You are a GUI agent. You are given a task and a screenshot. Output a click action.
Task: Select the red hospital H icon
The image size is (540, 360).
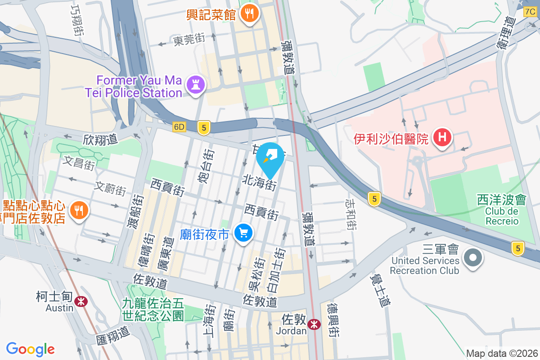442,137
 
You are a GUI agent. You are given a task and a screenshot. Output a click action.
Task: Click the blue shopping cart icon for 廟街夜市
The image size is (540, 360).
244,233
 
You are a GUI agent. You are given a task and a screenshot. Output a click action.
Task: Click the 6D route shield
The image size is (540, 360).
179,127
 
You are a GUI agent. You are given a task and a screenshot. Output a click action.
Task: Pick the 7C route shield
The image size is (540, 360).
530,12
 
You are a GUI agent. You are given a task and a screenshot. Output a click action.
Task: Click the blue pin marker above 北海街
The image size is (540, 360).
270,157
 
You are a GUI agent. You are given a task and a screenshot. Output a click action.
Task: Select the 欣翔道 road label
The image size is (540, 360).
100,139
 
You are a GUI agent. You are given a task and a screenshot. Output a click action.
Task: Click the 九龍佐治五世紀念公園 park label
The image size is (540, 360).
153,309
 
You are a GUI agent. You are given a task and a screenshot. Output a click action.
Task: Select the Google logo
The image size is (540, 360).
30,349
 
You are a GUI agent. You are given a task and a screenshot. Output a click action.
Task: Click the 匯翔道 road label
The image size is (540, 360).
112,335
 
